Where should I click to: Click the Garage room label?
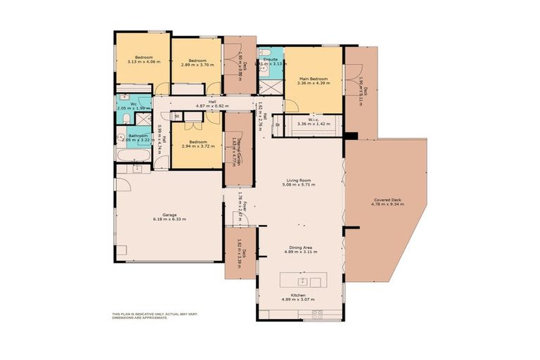pos(169,215)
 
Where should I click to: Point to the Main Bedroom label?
pos(313,78)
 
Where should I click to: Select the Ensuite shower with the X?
pos(268,86)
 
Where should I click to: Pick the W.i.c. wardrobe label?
pos(308,120)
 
